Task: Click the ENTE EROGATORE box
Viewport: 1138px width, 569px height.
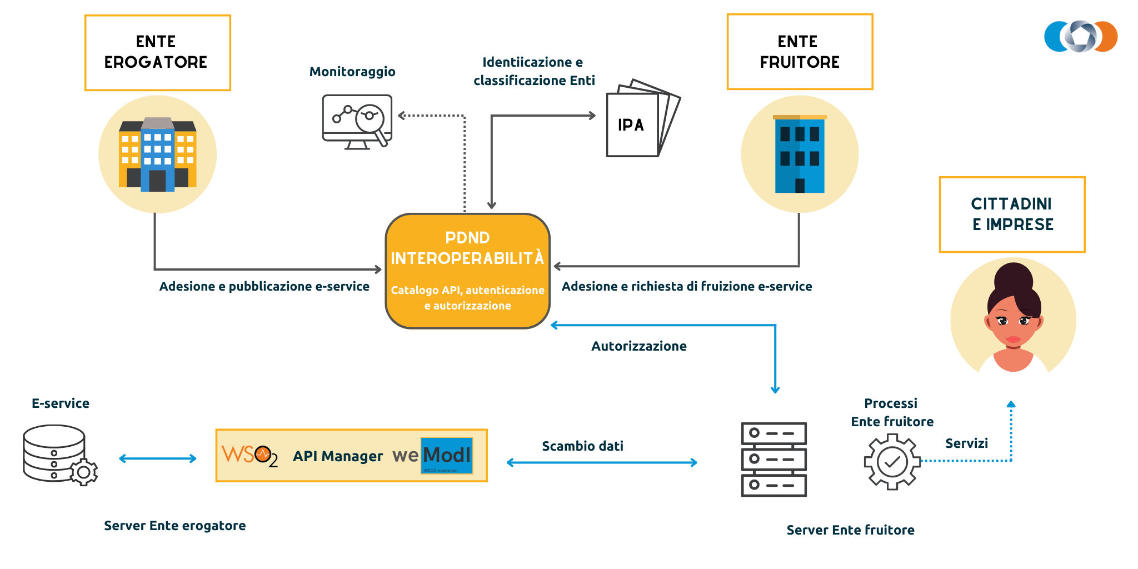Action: [157, 53]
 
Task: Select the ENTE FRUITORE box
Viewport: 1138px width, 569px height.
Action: [800, 52]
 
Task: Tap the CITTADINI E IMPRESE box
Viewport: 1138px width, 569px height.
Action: [1012, 214]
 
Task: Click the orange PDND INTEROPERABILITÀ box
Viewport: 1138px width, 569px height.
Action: [467, 271]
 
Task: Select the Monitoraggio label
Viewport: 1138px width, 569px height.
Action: [352, 72]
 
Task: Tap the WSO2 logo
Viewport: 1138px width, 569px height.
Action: [249, 456]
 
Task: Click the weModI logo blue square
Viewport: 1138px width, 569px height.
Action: [447, 456]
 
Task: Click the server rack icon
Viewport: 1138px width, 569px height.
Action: [773, 459]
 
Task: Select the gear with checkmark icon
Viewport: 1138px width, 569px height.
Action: [892, 461]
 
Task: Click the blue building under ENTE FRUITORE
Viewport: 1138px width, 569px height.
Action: [800, 154]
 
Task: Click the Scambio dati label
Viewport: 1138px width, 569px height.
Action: [582, 446]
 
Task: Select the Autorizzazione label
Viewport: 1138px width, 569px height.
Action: [638, 346]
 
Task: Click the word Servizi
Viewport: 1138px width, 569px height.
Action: [966, 443]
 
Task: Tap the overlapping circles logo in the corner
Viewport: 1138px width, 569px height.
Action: [1080, 37]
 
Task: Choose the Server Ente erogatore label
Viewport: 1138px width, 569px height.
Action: [174, 526]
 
